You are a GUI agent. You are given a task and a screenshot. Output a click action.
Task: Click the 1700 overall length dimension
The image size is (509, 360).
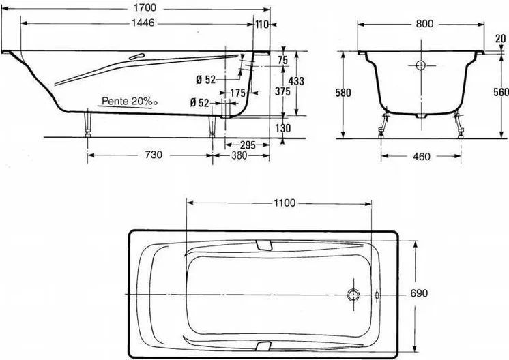145,7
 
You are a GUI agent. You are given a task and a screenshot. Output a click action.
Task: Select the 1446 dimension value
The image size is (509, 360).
143,23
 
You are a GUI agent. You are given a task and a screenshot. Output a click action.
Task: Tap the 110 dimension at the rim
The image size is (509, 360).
261,24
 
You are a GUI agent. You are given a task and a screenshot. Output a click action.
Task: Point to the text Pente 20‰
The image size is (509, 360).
130,101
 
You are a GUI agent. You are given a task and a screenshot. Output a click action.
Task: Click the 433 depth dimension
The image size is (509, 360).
296,81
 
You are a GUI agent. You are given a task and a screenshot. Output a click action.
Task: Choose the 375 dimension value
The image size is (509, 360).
282,91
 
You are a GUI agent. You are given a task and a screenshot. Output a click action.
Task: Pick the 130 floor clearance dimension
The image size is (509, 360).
283,128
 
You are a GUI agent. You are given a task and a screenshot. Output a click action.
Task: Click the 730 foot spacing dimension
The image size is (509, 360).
154,155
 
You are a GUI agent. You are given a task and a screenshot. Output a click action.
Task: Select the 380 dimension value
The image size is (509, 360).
239,155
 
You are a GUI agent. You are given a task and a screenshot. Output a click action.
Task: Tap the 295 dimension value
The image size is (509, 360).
248,145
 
